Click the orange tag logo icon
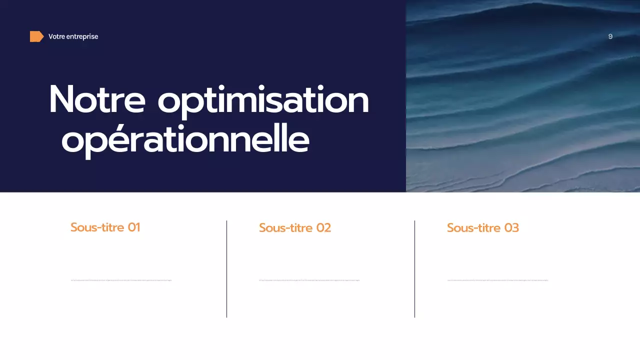point(36,36)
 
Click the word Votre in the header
point(56,36)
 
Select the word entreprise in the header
point(82,36)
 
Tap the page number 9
point(610,36)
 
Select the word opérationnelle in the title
point(185,141)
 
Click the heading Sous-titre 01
point(105,227)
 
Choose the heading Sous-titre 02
point(294,228)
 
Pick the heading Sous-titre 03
point(482,228)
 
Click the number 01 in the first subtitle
point(133,227)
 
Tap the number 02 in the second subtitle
point(323,228)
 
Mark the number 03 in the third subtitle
point(511,228)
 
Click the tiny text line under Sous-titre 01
point(121,280)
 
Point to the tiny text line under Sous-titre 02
point(309,280)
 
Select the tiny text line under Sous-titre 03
point(497,280)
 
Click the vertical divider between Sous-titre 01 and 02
point(226,269)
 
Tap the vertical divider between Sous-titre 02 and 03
point(414,269)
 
